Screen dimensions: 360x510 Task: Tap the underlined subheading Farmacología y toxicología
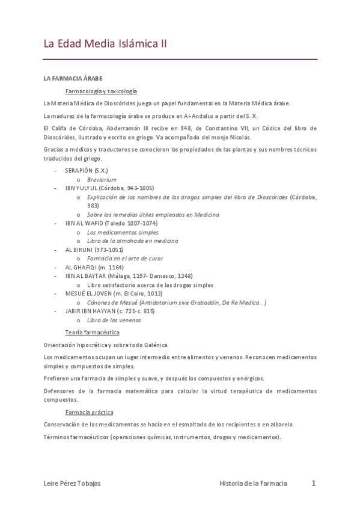click(x=102, y=91)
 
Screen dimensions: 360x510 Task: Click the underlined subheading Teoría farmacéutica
click(x=92, y=332)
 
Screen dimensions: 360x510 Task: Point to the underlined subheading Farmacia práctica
click(x=89, y=412)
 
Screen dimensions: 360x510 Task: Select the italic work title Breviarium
click(x=102, y=179)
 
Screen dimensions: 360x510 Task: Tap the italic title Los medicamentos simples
click(x=123, y=232)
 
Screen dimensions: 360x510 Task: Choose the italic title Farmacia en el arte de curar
click(x=129, y=258)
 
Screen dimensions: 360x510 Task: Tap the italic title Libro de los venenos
click(x=114, y=320)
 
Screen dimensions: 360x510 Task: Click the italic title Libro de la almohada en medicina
click(x=132, y=241)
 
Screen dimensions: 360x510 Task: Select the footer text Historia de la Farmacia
click(x=253, y=483)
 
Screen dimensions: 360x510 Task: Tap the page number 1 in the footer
click(x=313, y=482)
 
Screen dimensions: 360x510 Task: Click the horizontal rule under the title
click(x=180, y=60)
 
